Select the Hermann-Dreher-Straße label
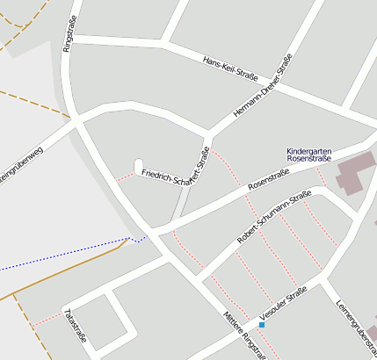pos(263,87)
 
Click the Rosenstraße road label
pos(269,180)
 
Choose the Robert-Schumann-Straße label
pos(274,216)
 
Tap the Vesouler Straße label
pos(283,302)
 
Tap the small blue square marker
pos(261,325)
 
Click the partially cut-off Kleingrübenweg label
pos(19,165)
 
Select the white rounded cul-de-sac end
pos(138,165)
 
